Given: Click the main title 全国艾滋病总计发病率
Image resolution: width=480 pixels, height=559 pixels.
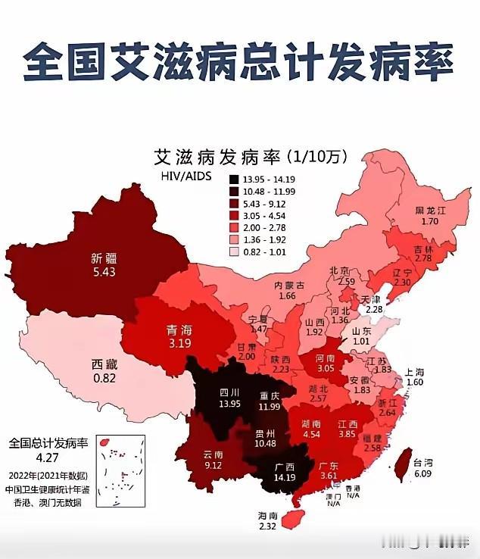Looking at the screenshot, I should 239,61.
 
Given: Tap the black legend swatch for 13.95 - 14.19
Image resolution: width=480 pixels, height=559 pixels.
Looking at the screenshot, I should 235,180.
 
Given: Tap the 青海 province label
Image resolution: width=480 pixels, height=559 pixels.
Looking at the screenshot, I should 178,330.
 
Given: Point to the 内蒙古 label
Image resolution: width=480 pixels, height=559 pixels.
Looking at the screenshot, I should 288,286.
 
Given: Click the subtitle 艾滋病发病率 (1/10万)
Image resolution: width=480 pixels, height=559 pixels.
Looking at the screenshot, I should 250,157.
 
